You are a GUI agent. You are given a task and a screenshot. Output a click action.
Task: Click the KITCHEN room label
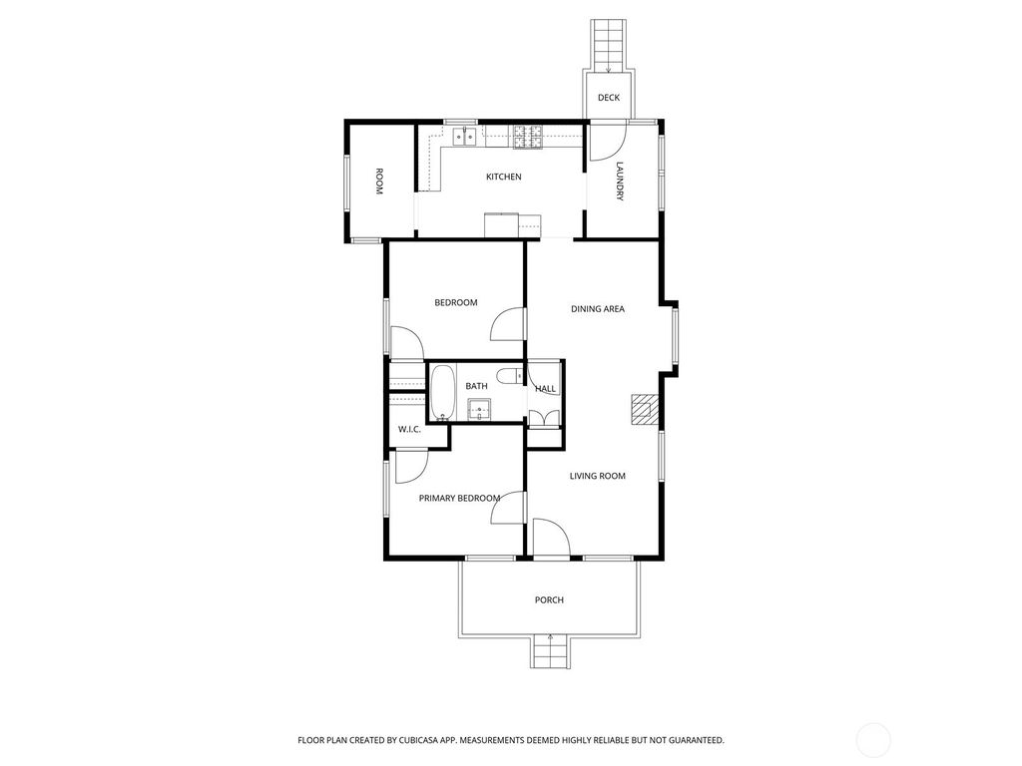503,177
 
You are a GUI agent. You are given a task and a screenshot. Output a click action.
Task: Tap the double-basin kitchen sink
463,136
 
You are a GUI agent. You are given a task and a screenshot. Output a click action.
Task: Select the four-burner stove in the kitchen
528,137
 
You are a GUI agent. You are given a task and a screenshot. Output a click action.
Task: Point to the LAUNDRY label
620,182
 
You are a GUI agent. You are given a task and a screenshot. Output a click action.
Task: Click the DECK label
609,98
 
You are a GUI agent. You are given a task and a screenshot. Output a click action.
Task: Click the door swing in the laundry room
603,142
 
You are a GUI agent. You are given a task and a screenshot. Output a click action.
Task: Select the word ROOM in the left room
379,181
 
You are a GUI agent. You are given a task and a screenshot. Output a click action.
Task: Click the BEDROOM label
455,302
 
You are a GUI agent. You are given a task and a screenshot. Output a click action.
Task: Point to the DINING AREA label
597,309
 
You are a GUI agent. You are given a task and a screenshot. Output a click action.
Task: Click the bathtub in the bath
442,392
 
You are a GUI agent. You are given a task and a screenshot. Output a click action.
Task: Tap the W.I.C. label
408,429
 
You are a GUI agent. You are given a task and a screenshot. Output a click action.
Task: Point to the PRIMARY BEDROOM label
459,498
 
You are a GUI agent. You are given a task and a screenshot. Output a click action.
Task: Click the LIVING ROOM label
597,476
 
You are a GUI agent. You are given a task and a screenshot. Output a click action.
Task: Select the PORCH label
549,599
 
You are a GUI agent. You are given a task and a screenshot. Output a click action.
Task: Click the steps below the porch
550,652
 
